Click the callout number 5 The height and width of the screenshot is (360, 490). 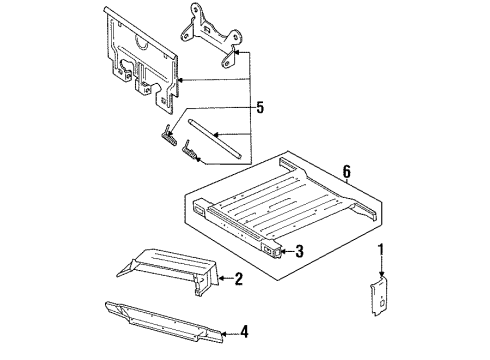coord(260,107)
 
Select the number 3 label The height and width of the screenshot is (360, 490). coord(298,251)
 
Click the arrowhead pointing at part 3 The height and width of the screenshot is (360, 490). coord(283,251)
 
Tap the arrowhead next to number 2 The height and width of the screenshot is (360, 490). coord(225,279)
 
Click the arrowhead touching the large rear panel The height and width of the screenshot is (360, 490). coord(181,76)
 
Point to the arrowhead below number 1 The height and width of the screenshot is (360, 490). coord(381,271)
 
